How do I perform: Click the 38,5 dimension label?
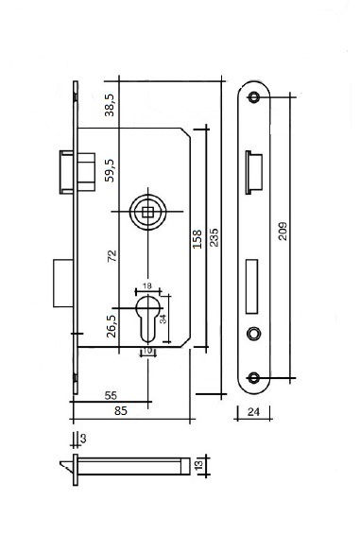coord(110,105)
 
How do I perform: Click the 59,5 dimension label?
coord(110,170)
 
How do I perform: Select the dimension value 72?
coord(111,256)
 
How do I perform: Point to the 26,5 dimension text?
coord(111,326)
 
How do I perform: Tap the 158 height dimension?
coord(197,239)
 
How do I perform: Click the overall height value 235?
coord(214,237)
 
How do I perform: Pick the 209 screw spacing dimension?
coord(283,232)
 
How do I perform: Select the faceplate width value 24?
coord(253,412)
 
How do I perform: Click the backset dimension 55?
coord(111,395)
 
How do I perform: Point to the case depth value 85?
coord(121,411)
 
